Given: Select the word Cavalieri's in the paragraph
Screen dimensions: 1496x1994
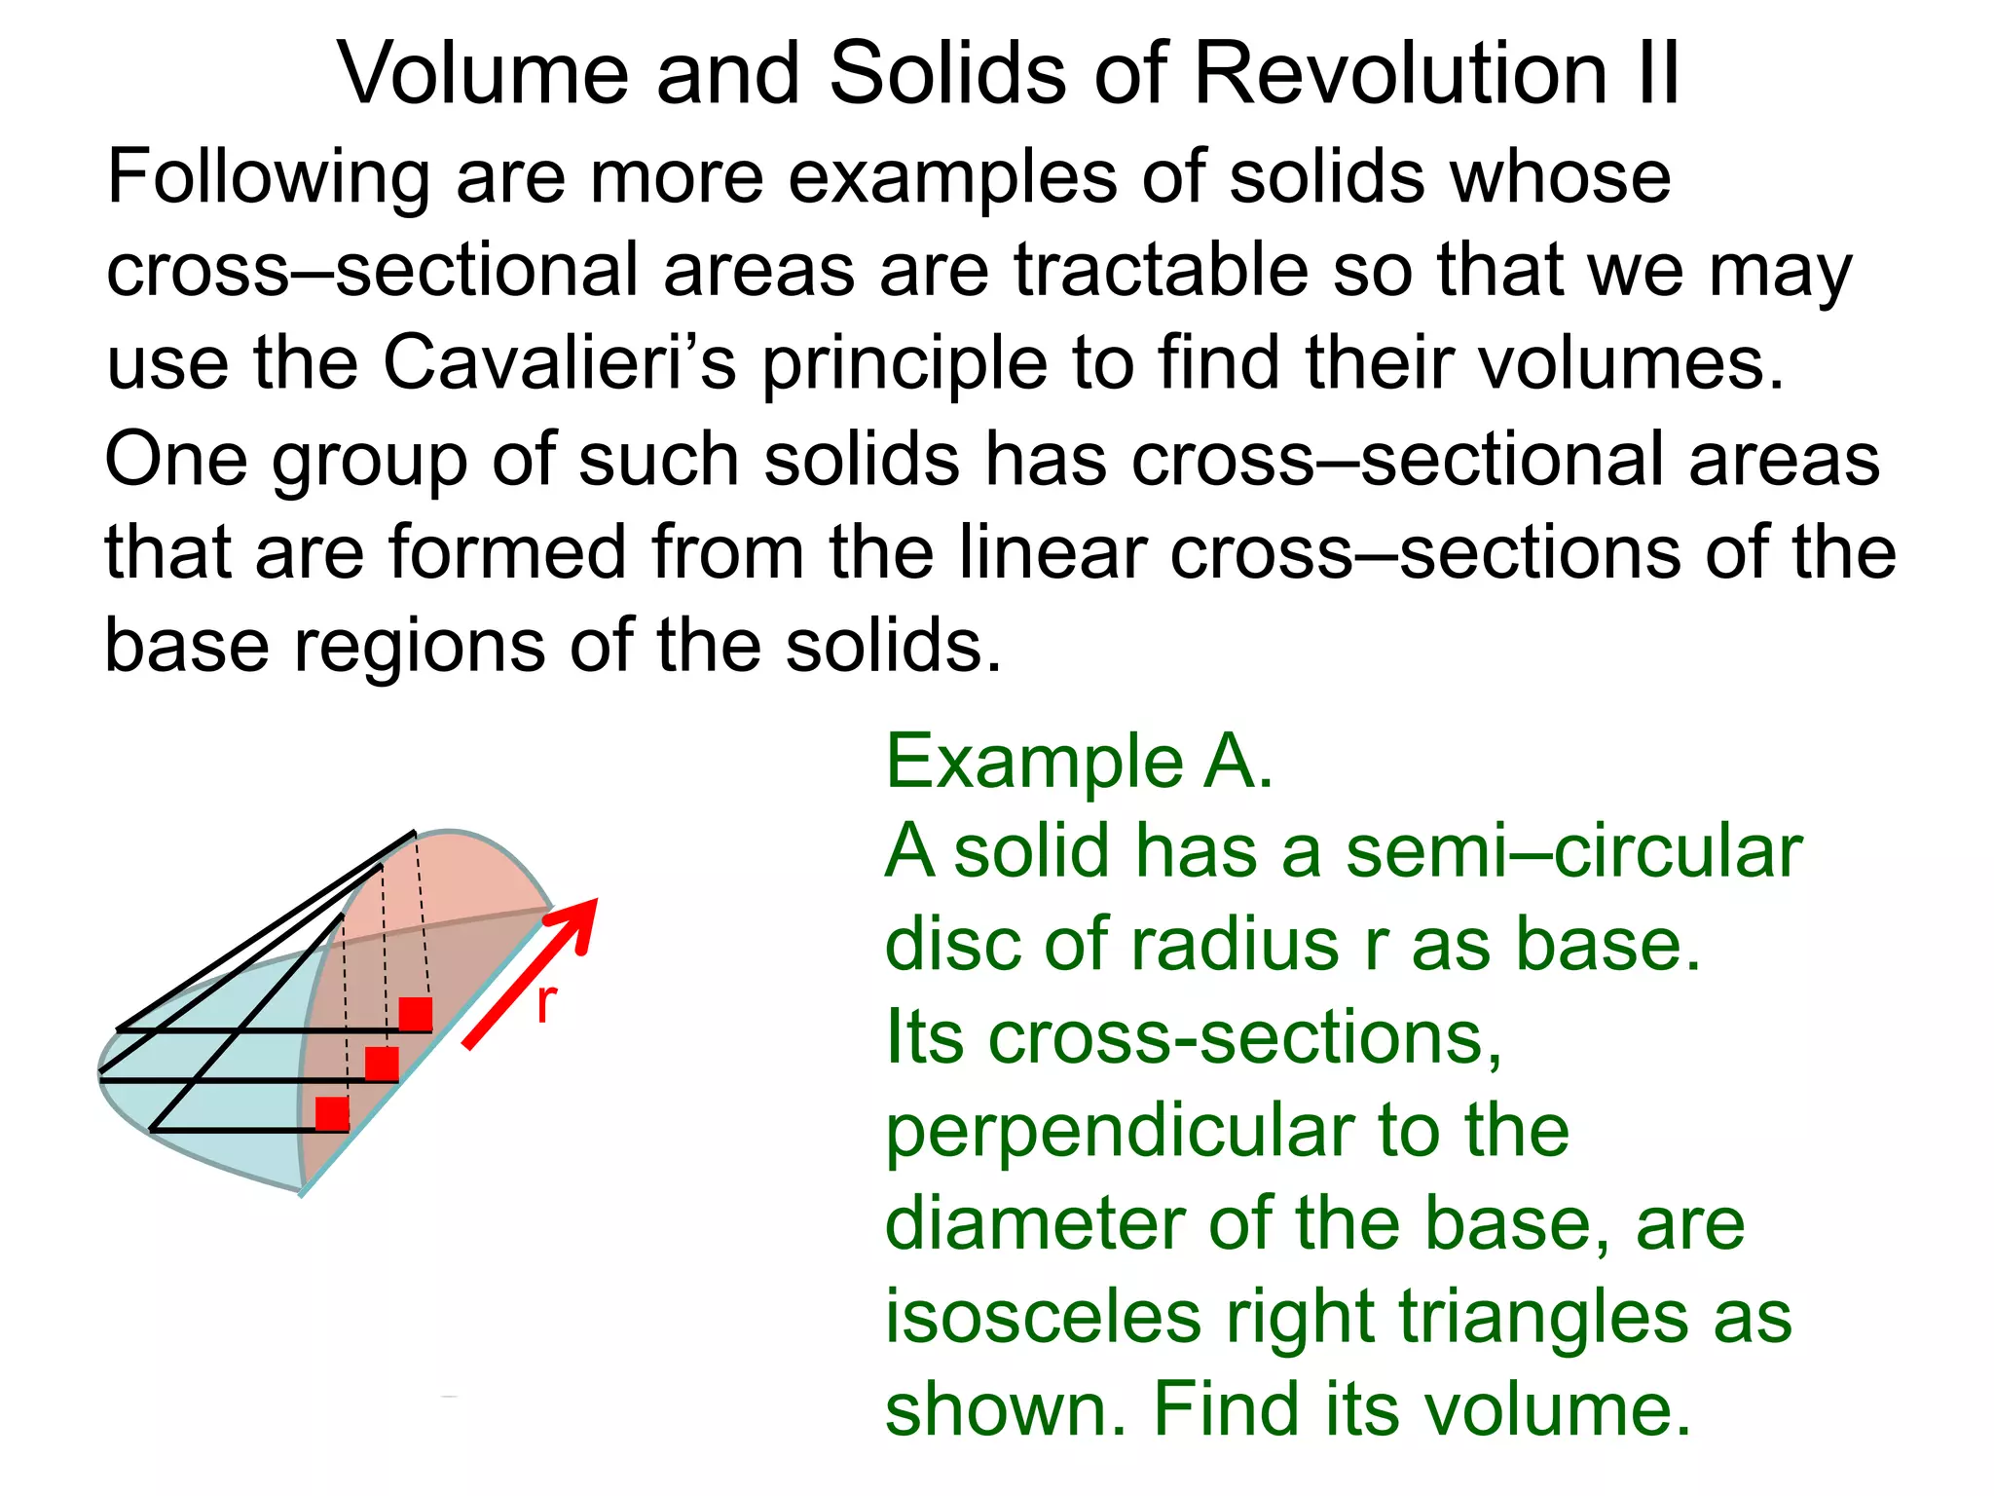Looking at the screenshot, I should point(559,362).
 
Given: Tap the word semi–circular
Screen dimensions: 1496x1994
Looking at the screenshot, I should point(1573,851).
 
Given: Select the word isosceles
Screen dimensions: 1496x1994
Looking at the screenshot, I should point(1043,1317).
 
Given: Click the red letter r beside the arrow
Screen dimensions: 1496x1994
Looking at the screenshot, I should point(546,1003).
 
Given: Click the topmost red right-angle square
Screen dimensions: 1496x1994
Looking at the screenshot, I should point(416,1014).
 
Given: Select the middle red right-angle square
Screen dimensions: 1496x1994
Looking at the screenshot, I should point(382,1065).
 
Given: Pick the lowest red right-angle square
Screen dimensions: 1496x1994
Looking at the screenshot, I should point(332,1113).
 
